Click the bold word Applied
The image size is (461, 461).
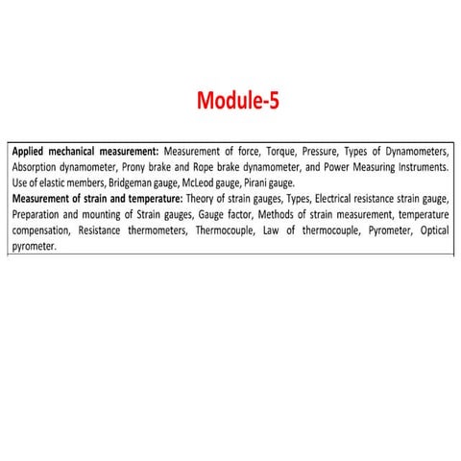32,152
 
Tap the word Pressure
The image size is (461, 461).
323,152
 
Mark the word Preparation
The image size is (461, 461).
39,214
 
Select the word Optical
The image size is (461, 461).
428,230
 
